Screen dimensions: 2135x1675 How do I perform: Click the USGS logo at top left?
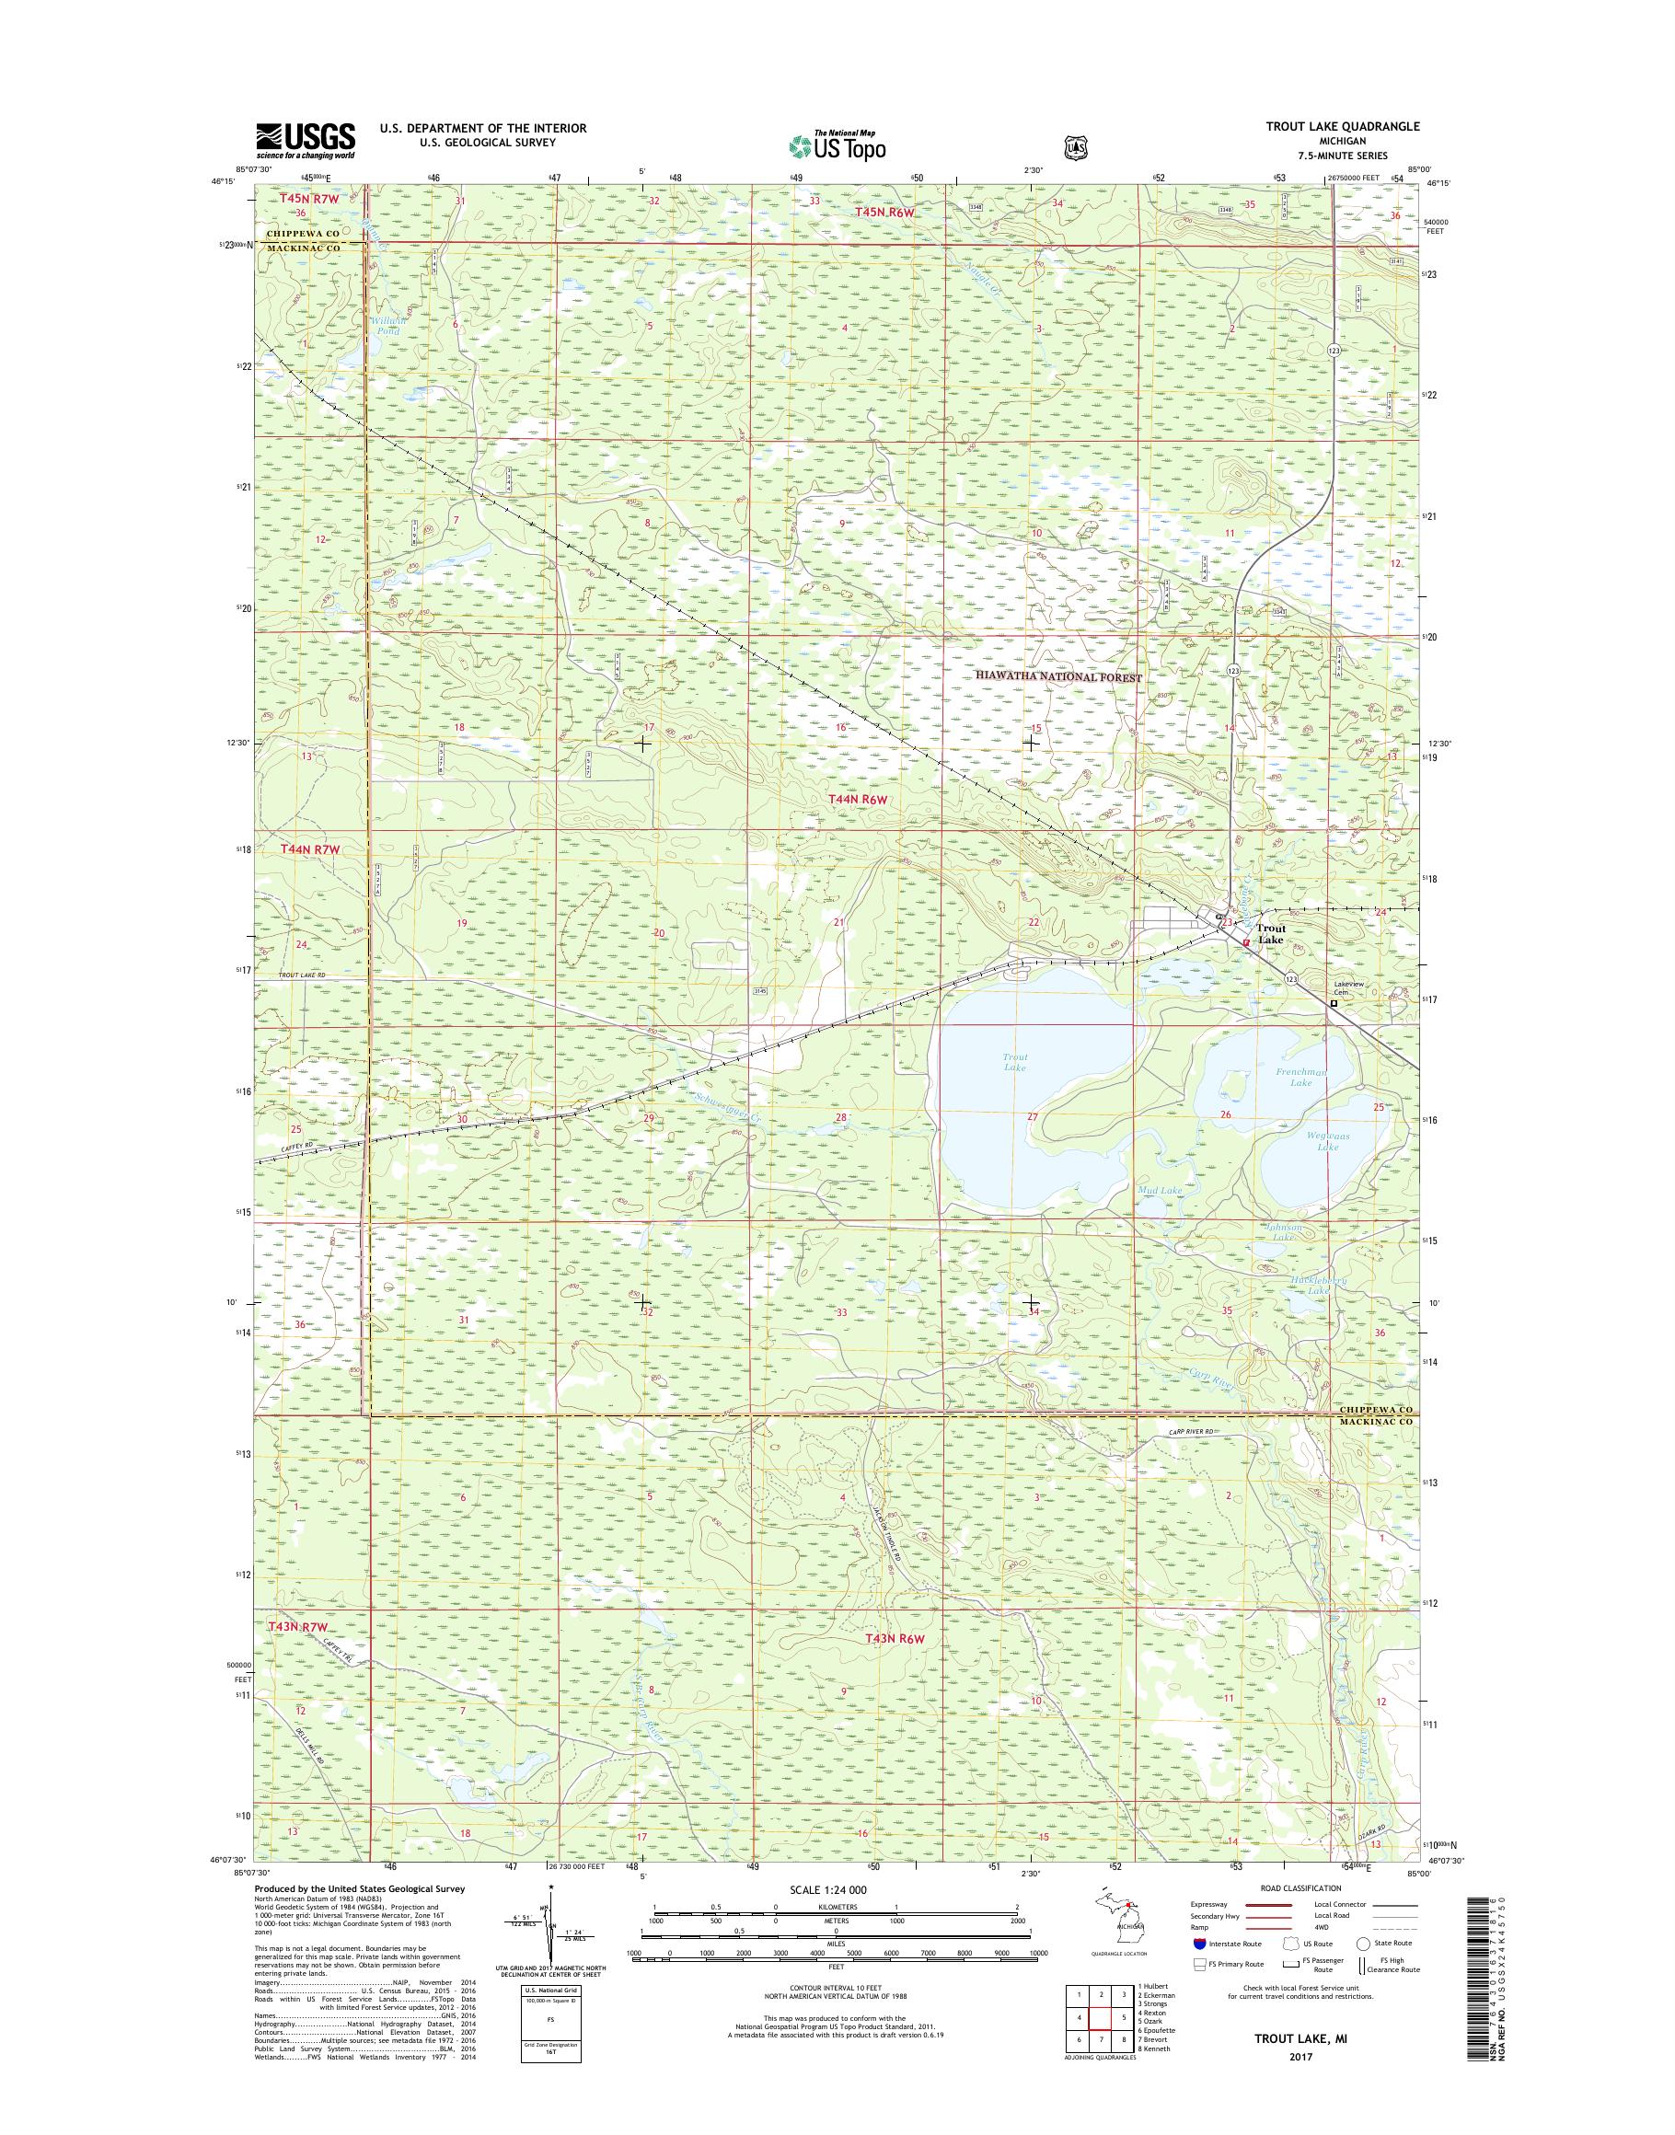[x=305, y=140]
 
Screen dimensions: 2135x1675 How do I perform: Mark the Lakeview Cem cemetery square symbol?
[x=1334, y=1003]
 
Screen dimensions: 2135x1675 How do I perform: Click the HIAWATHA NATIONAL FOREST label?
[x=1059, y=676]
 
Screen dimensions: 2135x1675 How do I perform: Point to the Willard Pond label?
[x=386, y=327]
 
